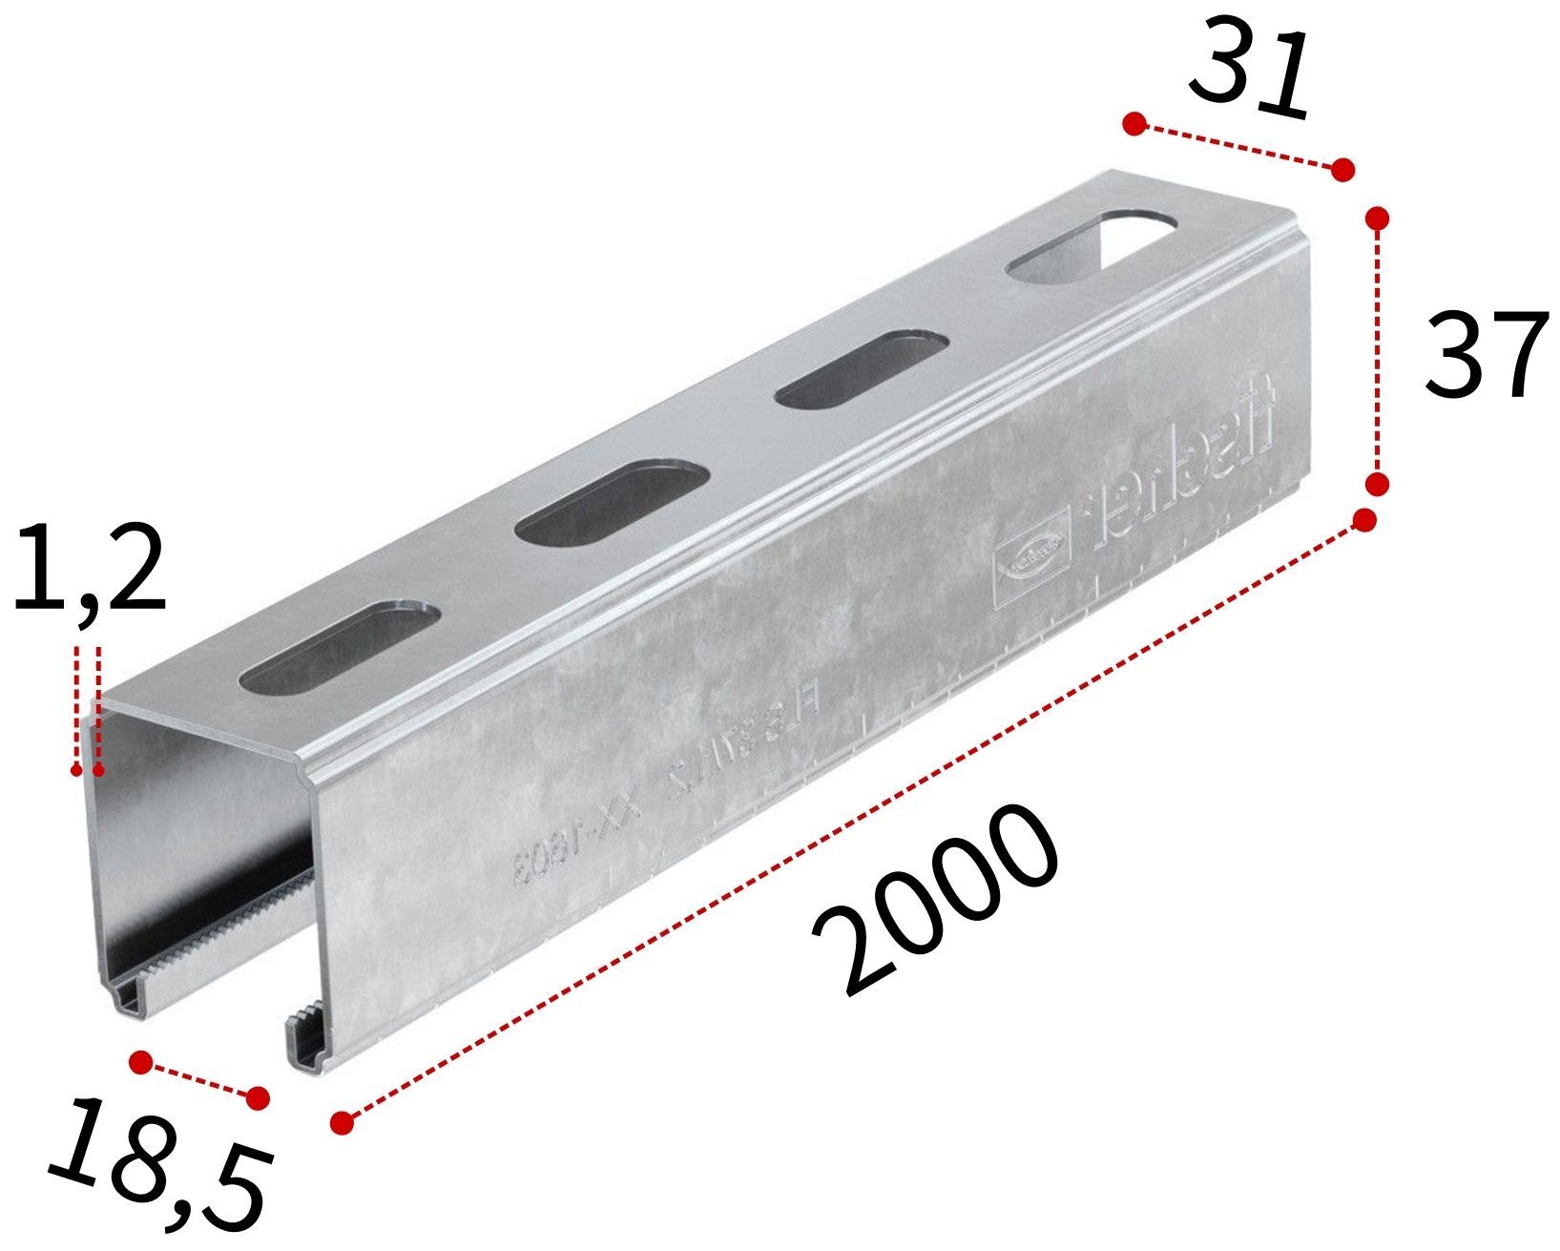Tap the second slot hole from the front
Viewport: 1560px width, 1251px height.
(612, 503)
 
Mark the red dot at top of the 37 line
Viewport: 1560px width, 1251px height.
(1377, 219)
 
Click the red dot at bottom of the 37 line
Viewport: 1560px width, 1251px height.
(1377, 485)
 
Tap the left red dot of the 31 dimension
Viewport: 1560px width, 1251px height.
(1134, 123)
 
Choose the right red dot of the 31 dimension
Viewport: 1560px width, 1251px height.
(1342, 170)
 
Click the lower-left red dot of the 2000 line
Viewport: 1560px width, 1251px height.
(342, 1123)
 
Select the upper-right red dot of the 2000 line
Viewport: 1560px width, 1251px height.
(1364, 520)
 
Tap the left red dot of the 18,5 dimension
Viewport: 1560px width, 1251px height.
(140, 1062)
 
